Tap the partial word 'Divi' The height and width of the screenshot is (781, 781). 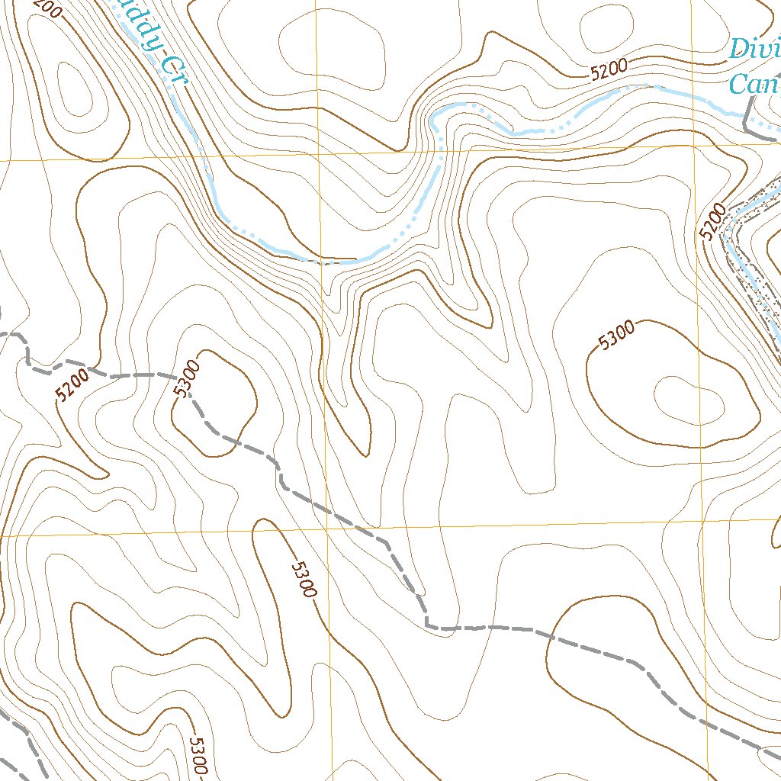coord(754,50)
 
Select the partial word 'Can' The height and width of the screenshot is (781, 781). coord(754,83)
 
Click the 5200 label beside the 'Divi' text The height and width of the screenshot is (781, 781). coord(609,71)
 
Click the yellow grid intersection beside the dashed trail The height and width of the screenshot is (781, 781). coord(327,529)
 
